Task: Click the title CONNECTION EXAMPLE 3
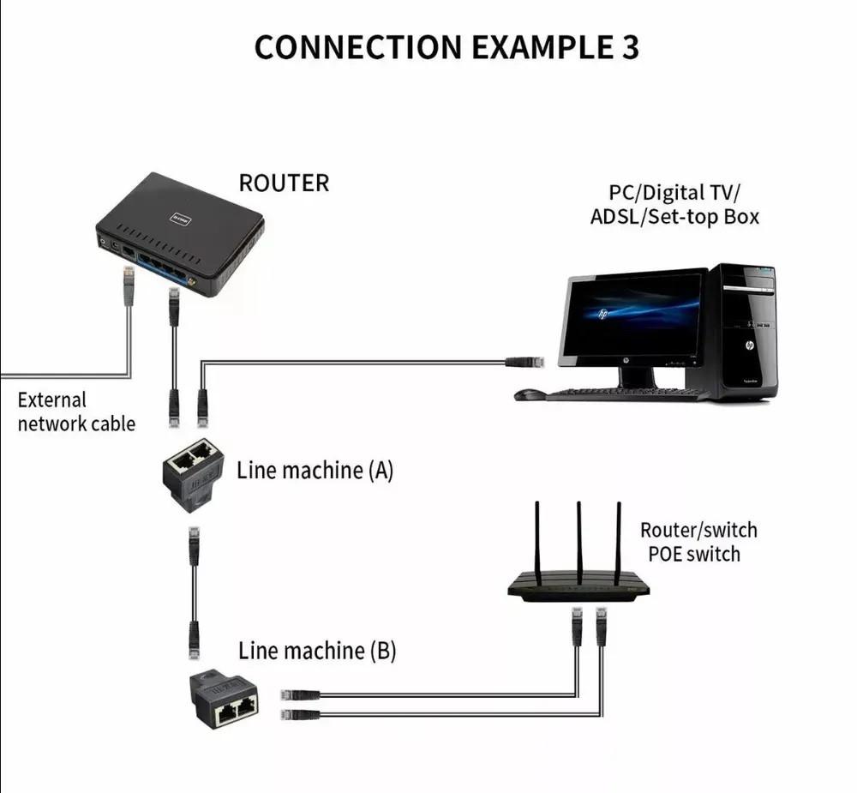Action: (x=446, y=48)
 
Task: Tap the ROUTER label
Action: (x=284, y=183)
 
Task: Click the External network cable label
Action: (x=75, y=412)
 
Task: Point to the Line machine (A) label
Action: (x=315, y=470)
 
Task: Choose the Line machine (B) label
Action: (x=317, y=651)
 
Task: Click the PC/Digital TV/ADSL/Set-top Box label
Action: (x=674, y=204)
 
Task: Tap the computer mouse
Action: (x=529, y=395)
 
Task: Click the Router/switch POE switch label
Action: (x=698, y=542)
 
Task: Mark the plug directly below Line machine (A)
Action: (x=195, y=540)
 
